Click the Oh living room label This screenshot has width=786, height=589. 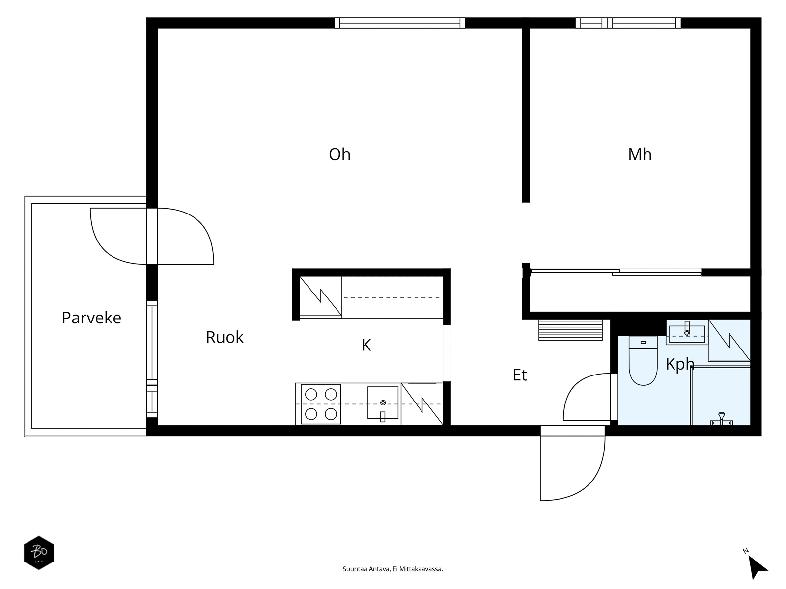pos(339,155)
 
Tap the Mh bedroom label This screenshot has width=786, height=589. pos(640,155)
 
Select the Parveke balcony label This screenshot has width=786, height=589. pos(91,318)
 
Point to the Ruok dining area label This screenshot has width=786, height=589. pos(225,337)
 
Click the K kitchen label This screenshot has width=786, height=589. pos(366,345)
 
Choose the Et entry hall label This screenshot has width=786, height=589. pos(520,375)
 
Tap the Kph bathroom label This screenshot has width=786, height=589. pos(680,364)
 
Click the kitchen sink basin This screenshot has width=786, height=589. pos(383,402)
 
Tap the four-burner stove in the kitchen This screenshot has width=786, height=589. pos(320,404)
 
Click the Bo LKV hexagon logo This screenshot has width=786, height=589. pos(39,553)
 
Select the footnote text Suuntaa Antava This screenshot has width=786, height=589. pos(366,569)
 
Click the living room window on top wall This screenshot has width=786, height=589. pos(399,23)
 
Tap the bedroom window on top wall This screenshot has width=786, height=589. pos(628,23)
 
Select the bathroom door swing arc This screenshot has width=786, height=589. pos(570,388)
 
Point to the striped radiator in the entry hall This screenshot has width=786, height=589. pos(570,330)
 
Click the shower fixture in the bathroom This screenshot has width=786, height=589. pos(721,418)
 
